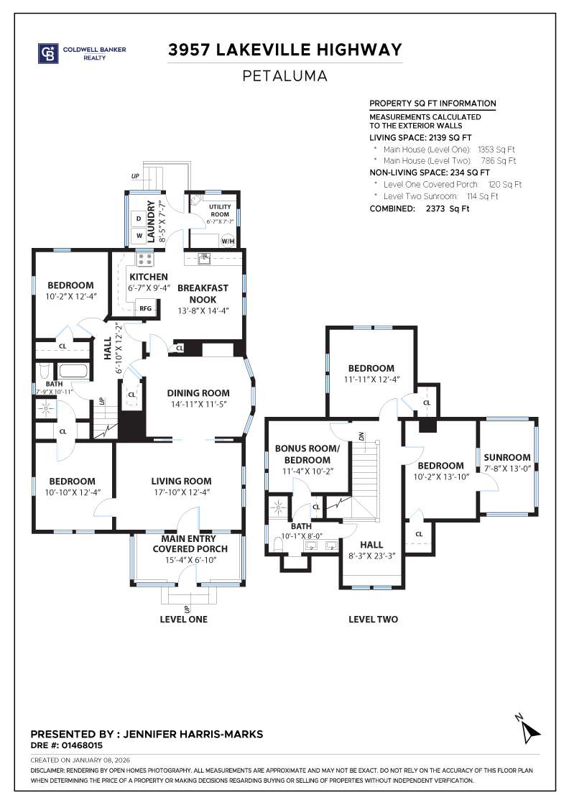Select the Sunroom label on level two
coord(507,457)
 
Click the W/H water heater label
coord(227,241)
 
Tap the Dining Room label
coord(198,393)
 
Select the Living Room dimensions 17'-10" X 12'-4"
coord(181,492)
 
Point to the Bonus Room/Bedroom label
coord(306,454)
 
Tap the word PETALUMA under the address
coord(284,75)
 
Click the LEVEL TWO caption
coord(373,619)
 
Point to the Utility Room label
coord(220,211)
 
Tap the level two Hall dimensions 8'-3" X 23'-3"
coord(371,556)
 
